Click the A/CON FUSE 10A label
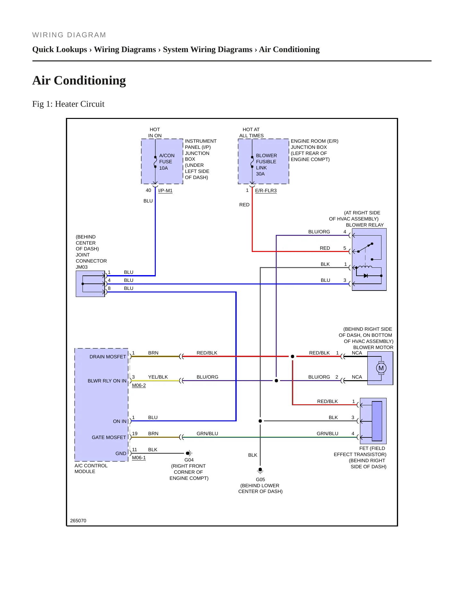click(x=167, y=162)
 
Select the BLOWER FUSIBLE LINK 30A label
click(x=266, y=165)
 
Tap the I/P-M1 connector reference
click(x=165, y=191)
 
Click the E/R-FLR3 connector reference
click(x=266, y=191)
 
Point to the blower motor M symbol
click(x=381, y=368)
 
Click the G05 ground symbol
click(x=260, y=471)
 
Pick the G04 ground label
click(x=189, y=460)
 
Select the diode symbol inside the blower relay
click(x=365, y=276)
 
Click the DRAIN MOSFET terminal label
click(x=108, y=357)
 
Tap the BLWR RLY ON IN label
click(x=107, y=381)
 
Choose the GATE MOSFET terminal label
click(x=109, y=437)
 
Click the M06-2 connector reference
click(x=139, y=385)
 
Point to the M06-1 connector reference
click(x=139, y=458)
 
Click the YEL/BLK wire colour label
click(x=158, y=377)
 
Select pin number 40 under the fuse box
click(x=148, y=190)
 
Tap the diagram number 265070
click(x=78, y=521)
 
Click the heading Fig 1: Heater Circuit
click(x=68, y=104)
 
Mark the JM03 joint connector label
click(x=82, y=267)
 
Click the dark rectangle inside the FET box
click(x=377, y=421)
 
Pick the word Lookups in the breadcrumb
click(x=71, y=49)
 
